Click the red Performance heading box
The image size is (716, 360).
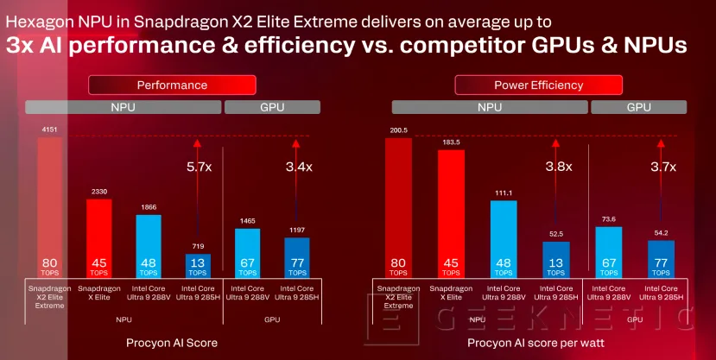pos(173,85)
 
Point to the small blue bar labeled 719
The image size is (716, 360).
pos(198,264)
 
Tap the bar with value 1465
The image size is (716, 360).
pos(247,251)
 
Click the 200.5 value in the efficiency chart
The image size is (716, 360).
pos(398,131)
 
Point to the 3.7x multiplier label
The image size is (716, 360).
pos(662,167)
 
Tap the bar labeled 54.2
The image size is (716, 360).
pos(661,258)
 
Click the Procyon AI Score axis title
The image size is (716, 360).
pos(173,343)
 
